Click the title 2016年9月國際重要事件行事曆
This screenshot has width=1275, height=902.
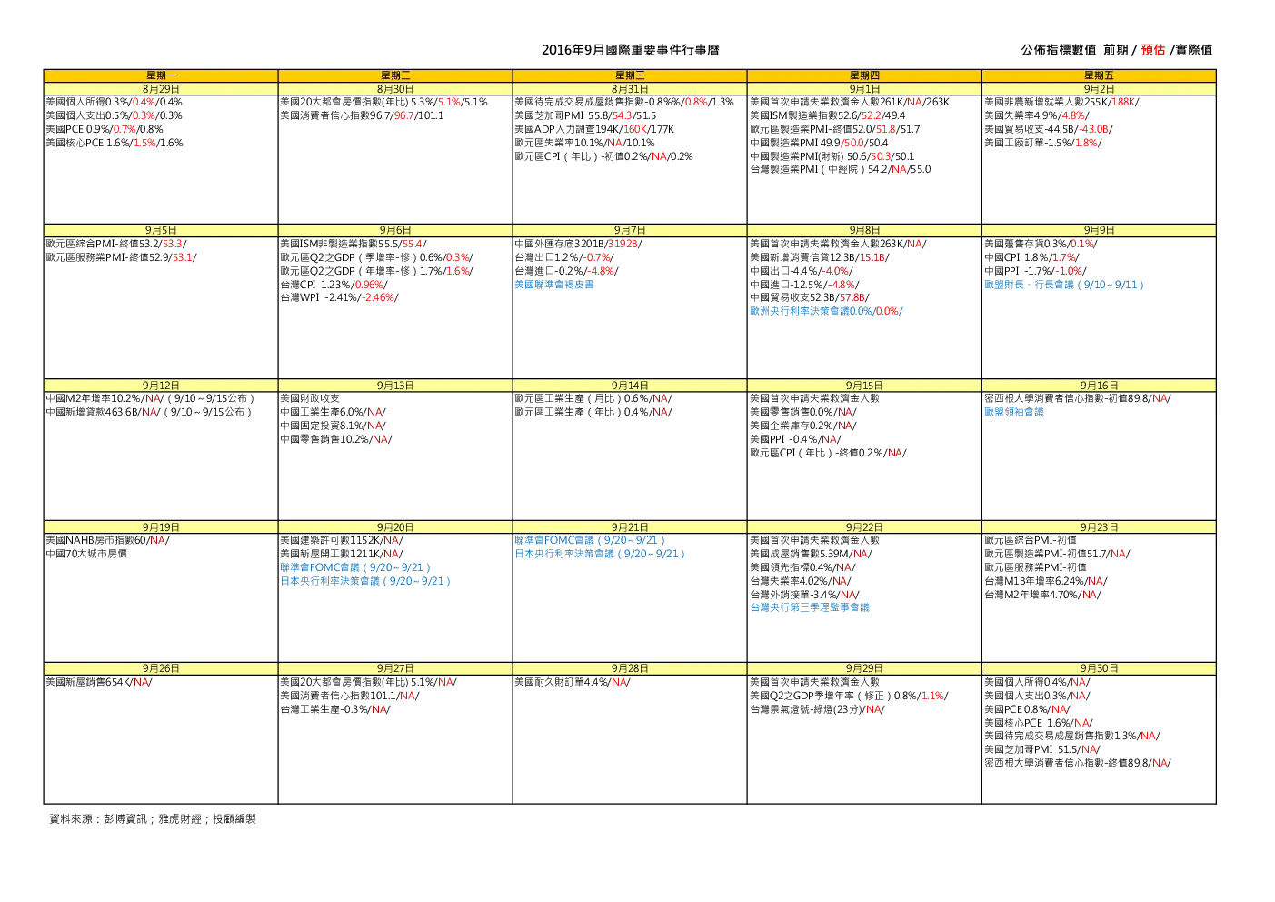[x=630, y=50]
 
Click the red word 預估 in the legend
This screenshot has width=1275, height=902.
[x=1152, y=50]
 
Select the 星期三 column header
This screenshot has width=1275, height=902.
[x=630, y=75]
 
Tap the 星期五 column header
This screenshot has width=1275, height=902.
[x=1099, y=75]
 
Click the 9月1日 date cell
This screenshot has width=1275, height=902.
[x=864, y=89]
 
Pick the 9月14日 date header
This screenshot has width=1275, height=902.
[x=630, y=386]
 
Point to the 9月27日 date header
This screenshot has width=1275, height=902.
[x=395, y=668]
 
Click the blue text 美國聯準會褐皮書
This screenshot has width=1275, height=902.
[x=553, y=285]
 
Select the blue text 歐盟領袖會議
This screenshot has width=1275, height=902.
[x=1014, y=412]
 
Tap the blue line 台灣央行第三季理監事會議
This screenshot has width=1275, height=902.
[x=810, y=607]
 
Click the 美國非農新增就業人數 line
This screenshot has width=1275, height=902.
[x=1061, y=103]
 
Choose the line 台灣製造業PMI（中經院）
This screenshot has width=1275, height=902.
[x=840, y=169]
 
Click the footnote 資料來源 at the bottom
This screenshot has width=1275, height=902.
[x=153, y=819]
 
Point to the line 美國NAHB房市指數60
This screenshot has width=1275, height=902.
[x=107, y=540]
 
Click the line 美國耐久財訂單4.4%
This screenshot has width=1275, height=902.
[x=572, y=682]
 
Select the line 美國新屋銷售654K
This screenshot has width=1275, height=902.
[x=98, y=682]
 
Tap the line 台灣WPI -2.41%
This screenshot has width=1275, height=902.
[x=339, y=298]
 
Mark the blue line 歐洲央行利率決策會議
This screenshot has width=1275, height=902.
[x=826, y=312]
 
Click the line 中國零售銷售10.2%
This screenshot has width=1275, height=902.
[x=336, y=439]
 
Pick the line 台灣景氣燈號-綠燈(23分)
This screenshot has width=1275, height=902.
[x=817, y=709]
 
